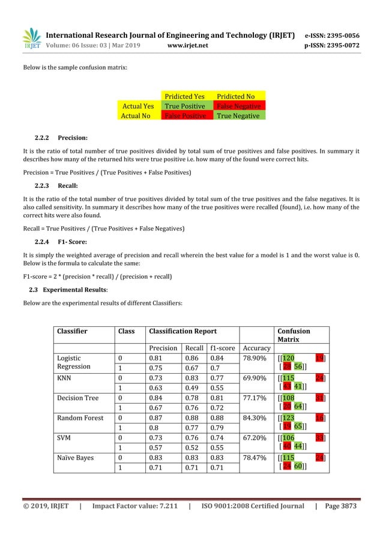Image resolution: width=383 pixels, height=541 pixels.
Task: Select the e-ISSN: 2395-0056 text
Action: click(332, 35)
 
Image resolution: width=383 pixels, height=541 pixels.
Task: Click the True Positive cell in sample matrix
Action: click(184, 106)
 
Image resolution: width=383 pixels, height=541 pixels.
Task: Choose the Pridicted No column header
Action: click(235, 96)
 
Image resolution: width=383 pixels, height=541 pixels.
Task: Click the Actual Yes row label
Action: click(138, 106)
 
